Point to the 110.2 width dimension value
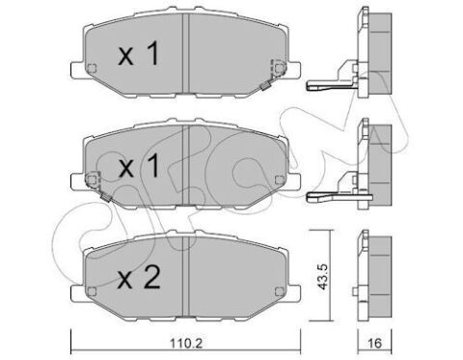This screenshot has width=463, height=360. point(184,341)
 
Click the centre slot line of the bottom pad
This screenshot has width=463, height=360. point(184,274)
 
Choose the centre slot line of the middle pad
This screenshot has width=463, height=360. point(184,164)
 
